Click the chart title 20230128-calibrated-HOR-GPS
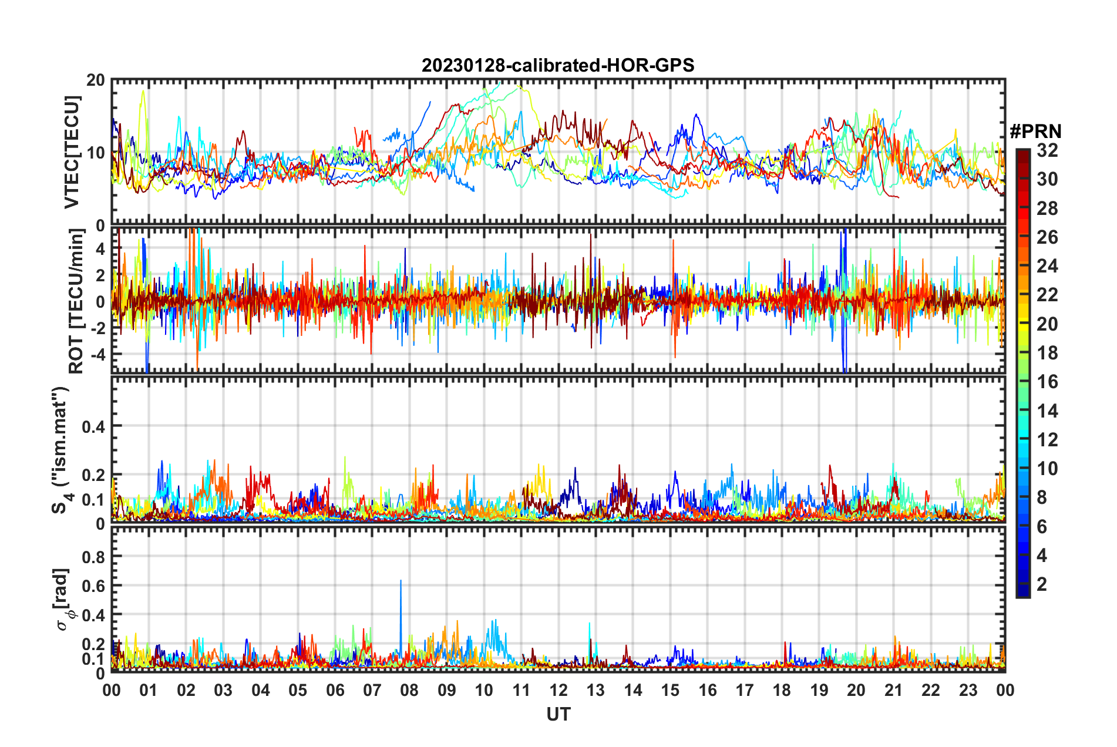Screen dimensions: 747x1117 point(558,65)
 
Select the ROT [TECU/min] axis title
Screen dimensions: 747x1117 point(76,301)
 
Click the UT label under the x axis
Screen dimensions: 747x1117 point(558,714)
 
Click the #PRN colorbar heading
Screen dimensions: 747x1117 point(1035,132)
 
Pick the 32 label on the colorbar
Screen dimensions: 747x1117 point(1047,150)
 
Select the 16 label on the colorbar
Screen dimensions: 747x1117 point(1047,382)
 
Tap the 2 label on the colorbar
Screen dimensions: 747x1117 point(1042,584)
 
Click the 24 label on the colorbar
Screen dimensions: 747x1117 point(1047,266)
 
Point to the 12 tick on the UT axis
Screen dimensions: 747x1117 point(558,689)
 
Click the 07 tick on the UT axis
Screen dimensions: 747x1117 point(372,689)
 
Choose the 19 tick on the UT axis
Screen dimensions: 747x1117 point(819,689)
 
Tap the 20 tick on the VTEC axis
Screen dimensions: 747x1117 point(95,80)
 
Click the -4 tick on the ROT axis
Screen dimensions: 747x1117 point(98,355)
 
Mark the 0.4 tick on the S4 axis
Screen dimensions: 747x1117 point(93,426)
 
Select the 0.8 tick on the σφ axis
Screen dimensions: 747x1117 point(93,556)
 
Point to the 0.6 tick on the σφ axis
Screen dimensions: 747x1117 point(93,586)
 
